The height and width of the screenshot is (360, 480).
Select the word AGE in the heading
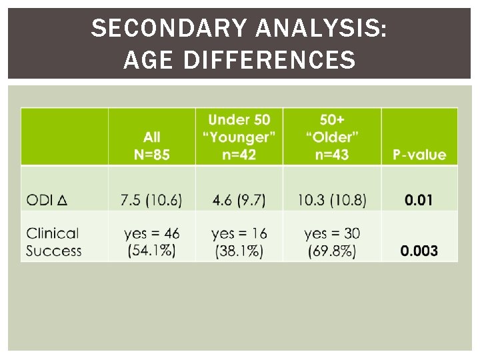tap(148, 61)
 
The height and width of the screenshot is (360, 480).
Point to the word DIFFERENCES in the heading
tap(269, 61)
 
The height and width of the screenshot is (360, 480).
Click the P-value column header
tap(419, 155)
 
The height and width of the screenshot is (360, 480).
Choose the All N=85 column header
tap(152, 145)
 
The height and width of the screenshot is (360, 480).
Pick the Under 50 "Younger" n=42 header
tap(239, 137)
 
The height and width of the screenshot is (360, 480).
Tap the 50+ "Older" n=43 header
tap(331, 137)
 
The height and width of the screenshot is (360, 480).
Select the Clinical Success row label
tap(54, 242)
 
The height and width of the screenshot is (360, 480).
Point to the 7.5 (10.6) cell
tap(152, 200)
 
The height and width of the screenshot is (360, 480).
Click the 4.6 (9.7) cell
tap(239, 200)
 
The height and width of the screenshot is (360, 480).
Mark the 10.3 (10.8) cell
tap(331, 200)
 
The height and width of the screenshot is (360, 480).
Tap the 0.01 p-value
tap(419, 200)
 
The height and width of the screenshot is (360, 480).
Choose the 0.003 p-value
tap(419, 251)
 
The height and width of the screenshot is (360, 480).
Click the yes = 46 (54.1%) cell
tap(152, 242)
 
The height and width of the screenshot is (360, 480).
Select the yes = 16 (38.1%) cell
tap(239, 242)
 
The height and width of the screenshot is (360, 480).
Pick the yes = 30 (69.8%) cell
tap(331, 242)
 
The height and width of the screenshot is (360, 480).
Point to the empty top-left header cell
tap(65, 137)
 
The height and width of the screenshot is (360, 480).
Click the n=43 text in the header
tap(331, 155)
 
